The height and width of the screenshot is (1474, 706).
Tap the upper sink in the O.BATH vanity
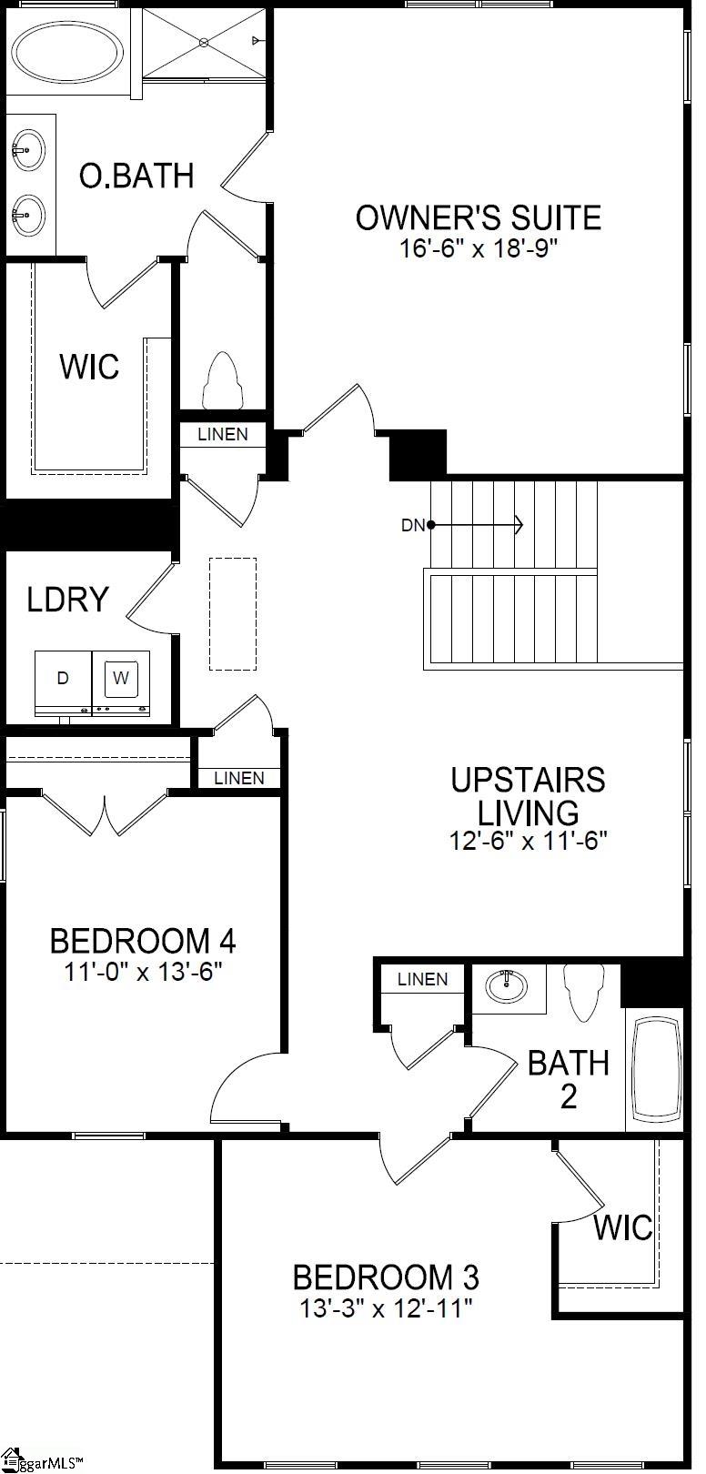click(28, 148)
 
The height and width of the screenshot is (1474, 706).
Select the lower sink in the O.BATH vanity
click(28, 215)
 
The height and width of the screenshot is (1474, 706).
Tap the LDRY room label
click(67, 600)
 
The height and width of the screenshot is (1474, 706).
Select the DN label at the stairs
click(413, 525)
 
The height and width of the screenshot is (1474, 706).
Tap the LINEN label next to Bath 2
click(423, 979)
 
